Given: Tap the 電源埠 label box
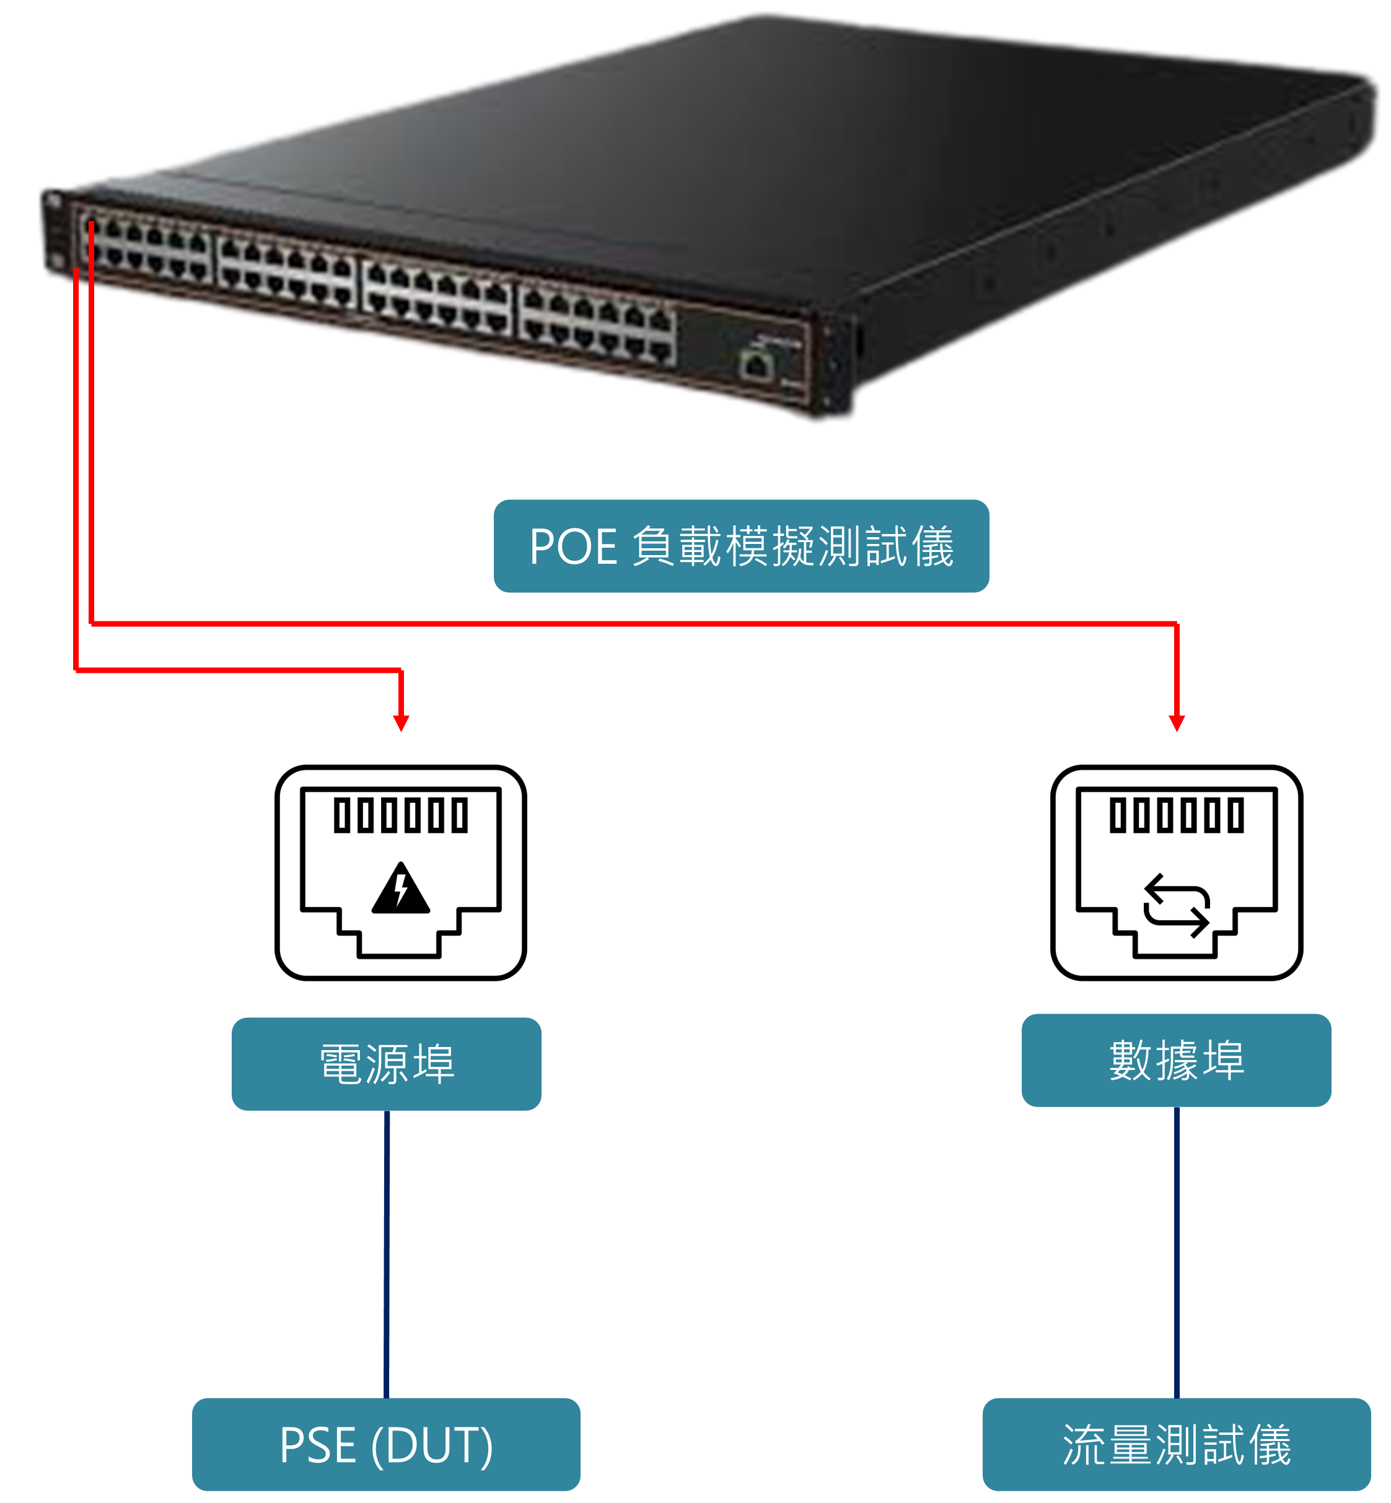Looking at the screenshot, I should coord(386,1064).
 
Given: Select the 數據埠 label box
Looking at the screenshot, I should coord(1176,1059).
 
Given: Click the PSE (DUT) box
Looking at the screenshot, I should coord(385,1444).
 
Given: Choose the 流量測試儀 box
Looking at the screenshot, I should coord(1176,1444).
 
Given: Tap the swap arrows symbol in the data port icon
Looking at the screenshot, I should coord(1177,905).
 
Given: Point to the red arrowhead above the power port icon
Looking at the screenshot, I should coord(402,723).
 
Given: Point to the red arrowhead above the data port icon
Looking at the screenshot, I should coord(1177,723).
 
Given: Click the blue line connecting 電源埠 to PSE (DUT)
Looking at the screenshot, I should coord(387,1253).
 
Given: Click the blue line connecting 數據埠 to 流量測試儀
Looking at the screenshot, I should coord(1177,1251).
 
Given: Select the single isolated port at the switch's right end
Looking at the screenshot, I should coord(757,366).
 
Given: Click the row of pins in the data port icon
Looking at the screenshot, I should coord(1177,815).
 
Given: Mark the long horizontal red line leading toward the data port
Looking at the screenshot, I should coord(632,623).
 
